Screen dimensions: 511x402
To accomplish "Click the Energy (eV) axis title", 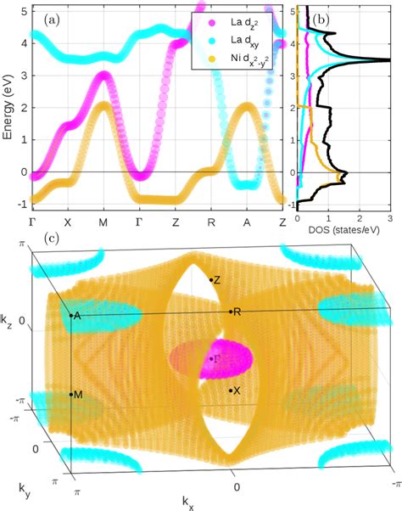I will (x=8, y=109).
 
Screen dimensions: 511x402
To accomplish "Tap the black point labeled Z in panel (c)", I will (x=211, y=279).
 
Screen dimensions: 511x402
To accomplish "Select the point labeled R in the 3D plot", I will (x=230, y=312).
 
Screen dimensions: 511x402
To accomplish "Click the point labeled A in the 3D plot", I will (x=71, y=315).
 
